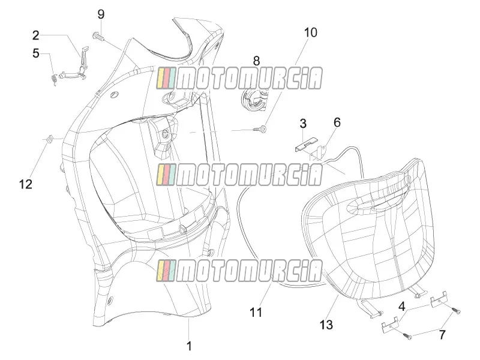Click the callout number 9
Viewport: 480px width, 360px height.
point(101,14)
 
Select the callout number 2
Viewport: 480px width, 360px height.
point(36,35)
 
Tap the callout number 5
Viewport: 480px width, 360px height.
point(36,53)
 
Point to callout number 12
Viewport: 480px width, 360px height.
point(26,184)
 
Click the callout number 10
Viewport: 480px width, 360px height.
point(310,32)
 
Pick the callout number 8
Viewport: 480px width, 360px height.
point(256,61)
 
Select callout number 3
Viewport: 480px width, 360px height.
point(303,124)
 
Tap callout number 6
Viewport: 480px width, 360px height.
point(337,122)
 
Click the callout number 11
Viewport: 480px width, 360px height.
point(256,312)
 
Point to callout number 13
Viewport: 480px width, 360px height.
point(326,325)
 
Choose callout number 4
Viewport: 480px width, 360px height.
point(402,307)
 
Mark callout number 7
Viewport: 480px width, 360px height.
point(442,335)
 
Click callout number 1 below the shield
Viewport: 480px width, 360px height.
point(189,346)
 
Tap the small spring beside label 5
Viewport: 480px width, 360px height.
point(54,80)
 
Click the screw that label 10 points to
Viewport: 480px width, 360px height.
point(260,129)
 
